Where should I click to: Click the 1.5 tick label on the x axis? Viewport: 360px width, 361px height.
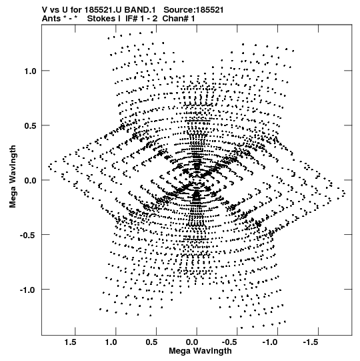click(70, 342)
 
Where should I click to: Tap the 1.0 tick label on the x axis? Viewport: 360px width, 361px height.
click(111, 342)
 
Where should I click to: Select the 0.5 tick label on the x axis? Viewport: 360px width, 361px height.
click(151, 342)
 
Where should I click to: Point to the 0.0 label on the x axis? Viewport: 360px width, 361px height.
click(192, 342)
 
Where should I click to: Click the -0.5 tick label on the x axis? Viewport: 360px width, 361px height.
click(231, 342)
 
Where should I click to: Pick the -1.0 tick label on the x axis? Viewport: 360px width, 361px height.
click(271, 342)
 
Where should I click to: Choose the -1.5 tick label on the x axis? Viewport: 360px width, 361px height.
click(311, 342)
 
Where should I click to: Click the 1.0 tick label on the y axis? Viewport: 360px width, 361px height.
click(31, 71)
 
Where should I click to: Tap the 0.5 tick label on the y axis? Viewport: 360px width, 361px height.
click(31, 125)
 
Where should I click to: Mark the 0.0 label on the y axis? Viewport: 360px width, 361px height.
click(31, 180)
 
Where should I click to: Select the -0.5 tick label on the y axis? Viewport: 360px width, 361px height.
click(28, 235)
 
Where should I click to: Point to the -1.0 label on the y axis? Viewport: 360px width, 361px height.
click(28, 290)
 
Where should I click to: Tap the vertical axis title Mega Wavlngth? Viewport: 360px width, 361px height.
click(13, 177)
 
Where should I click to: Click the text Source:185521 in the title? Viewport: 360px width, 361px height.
click(193, 10)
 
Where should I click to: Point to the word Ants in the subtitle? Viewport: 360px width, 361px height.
click(51, 19)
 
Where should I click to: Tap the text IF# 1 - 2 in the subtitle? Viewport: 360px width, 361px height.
click(141, 19)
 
